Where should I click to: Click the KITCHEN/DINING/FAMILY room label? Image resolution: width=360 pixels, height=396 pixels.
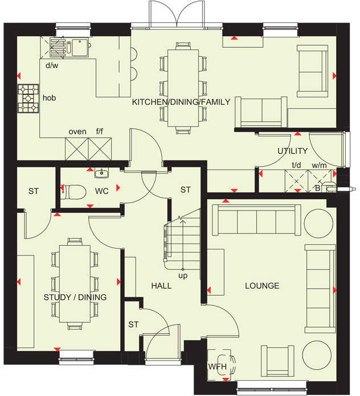pos(181,102)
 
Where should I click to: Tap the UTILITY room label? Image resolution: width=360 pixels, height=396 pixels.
pos(292,151)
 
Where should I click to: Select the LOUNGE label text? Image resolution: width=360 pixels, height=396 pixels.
pos(262,286)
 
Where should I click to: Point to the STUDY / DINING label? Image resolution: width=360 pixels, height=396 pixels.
pos(75,297)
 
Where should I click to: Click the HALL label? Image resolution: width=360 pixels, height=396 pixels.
pos(161,286)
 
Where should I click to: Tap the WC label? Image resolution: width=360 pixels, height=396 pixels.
pos(101,191)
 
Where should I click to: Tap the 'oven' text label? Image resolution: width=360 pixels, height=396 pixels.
pos(77,132)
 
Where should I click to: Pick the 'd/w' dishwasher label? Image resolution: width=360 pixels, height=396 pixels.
pos(52,65)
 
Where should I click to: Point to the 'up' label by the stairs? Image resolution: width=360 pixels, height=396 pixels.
pos(183,276)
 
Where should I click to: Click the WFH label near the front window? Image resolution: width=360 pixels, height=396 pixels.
pos(217,366)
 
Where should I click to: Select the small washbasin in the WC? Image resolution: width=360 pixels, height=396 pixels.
pos(103,173)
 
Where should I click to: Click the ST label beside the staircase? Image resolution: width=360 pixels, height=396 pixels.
pos(185,190)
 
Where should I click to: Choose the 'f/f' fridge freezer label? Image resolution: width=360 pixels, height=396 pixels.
pos(100,132)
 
